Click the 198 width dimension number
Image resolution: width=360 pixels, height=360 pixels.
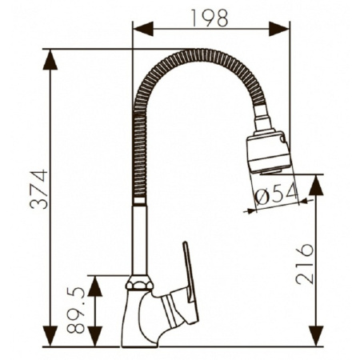[210, 18]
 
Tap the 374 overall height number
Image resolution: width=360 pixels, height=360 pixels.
[39, 190]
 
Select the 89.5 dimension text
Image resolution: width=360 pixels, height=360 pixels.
[76, 310]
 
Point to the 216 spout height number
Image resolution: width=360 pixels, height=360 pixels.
[304, 264]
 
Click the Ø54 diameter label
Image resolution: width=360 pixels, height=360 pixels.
[276, 194]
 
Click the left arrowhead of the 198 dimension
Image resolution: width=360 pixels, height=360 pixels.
[143, 29]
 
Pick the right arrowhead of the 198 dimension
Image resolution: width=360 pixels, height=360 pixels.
[279, 29]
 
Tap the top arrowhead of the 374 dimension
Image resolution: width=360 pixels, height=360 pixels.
[50, 60]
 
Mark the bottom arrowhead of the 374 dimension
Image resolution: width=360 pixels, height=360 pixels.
[50, 336]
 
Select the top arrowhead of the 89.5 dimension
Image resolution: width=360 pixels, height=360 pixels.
[95, 286]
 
